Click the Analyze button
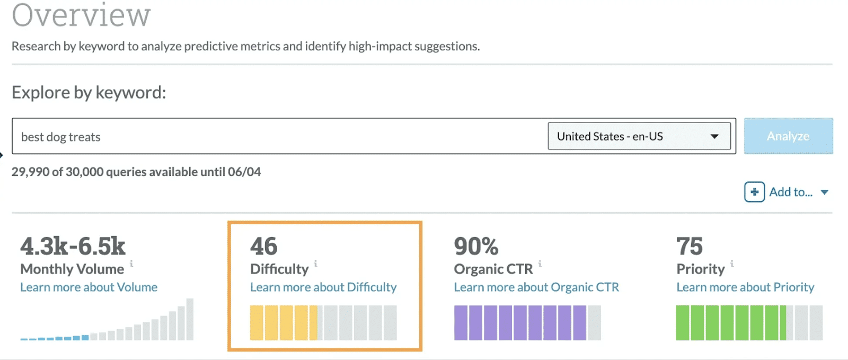788,136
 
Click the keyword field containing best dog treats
276,137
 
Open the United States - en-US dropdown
639,136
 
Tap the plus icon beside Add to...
754,192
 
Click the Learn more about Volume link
89,287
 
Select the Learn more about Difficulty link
323,287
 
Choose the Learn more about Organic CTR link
536,287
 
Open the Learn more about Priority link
745,287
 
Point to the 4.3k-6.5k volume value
73,247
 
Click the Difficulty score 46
263,247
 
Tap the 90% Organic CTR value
476,247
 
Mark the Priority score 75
689,247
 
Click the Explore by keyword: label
89,93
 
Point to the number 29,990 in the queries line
30,172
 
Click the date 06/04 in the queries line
244,172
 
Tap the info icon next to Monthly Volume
131,263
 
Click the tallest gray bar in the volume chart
190,319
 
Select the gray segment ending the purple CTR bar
594,323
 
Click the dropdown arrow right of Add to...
825,192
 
